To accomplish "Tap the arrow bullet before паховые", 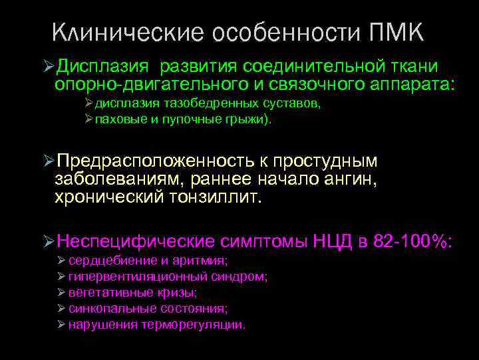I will [89, 121].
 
